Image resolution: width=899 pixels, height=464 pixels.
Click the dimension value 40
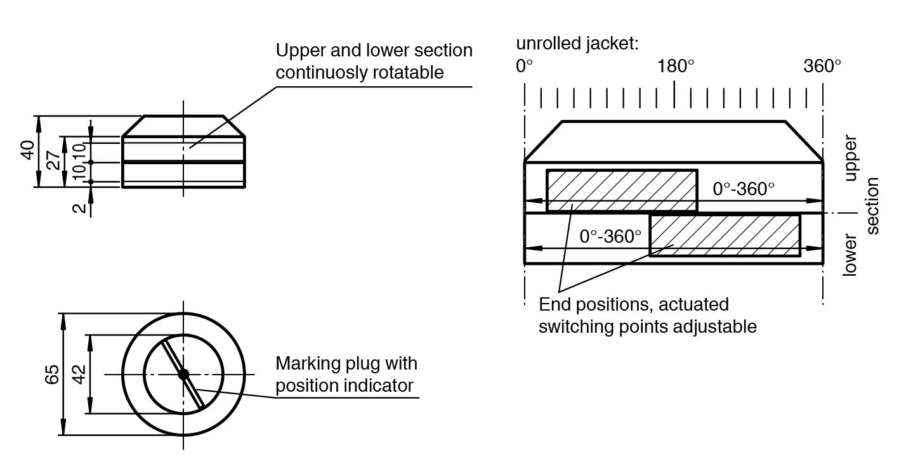pos(28,151)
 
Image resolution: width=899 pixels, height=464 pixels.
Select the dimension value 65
pos(52,374)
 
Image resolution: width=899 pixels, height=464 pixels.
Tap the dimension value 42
pos(79,374)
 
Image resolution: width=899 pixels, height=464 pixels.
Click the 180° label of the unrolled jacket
pos(676,66)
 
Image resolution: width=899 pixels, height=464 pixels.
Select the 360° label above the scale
pos(822,66)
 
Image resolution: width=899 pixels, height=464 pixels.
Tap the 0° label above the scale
pos(525,66)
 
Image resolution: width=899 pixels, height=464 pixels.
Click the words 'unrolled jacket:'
pos(577,44)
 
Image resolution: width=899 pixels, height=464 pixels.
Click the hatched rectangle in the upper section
pos(622,190)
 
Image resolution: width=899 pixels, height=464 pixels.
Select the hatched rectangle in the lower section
pos(725,235)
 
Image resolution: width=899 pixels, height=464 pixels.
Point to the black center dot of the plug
pos(183,374)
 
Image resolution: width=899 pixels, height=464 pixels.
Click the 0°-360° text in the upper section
pos(744,189)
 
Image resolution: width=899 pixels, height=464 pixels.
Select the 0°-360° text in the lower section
pos(610,236)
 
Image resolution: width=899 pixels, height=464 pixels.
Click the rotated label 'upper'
pos(850,158)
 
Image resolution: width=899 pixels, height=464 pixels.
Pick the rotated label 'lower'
pos(850,255)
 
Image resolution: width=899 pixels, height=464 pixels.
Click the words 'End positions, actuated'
pos(633,304)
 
